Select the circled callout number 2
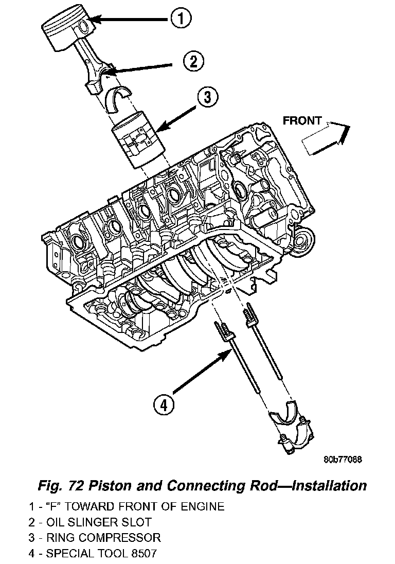(x=194, y=62)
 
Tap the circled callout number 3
(x=208, y=97)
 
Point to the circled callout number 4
(x=164, y=406)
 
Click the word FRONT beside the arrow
(x=302, y=121)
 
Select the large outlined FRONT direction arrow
(x=325, y=138)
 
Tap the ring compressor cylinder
(x=138, y=139)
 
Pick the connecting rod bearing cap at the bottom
(x=291, y=426)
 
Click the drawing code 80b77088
(x=343, y=460)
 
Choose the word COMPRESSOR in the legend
(x=120, y=537)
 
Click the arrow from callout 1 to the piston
(x=128, y=19)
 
